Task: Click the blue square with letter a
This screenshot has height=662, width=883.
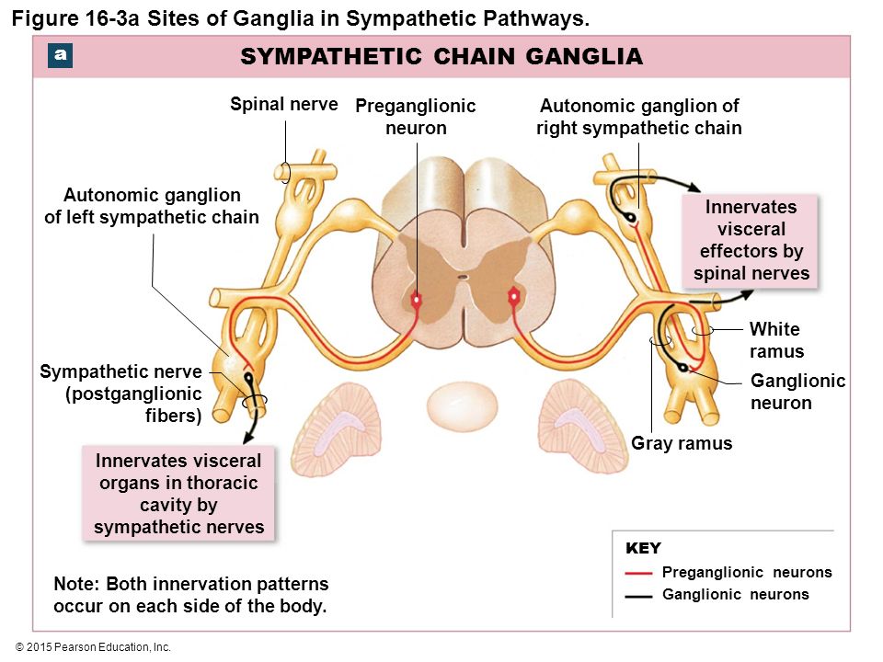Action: (x=61, y=56)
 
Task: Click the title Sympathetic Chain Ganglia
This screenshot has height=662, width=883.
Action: (x=441, y=56)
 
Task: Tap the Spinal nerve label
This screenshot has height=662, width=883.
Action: (x=284, y=104)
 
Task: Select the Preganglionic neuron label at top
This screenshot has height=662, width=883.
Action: (x=416, y=117)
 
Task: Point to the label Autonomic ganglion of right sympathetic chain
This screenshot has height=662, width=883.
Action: (x=639, y=117)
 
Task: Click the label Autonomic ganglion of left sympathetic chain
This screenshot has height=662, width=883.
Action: (x=152, y=205)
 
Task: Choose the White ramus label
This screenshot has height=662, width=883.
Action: (x=776, y=340)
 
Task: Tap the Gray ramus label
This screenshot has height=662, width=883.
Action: (x=682, y=443)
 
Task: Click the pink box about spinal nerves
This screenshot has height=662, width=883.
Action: (x=751, y=240)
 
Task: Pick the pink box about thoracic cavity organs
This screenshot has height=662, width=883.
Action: (x=178, y=493)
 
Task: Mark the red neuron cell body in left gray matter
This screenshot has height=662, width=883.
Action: (x=416, y=300)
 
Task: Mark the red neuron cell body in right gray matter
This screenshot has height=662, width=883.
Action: (x=513, y=296)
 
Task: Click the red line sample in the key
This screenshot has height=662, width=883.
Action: (x=638, y=573)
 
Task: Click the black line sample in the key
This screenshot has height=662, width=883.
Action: (x=638, y=596)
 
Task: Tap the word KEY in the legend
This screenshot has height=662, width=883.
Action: (x=643, y=548)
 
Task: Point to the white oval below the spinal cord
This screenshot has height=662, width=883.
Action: (x=463, y=406)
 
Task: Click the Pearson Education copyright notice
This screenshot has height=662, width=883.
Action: (x=94, y=647)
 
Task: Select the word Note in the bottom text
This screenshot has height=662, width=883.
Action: (x=75, y=584)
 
